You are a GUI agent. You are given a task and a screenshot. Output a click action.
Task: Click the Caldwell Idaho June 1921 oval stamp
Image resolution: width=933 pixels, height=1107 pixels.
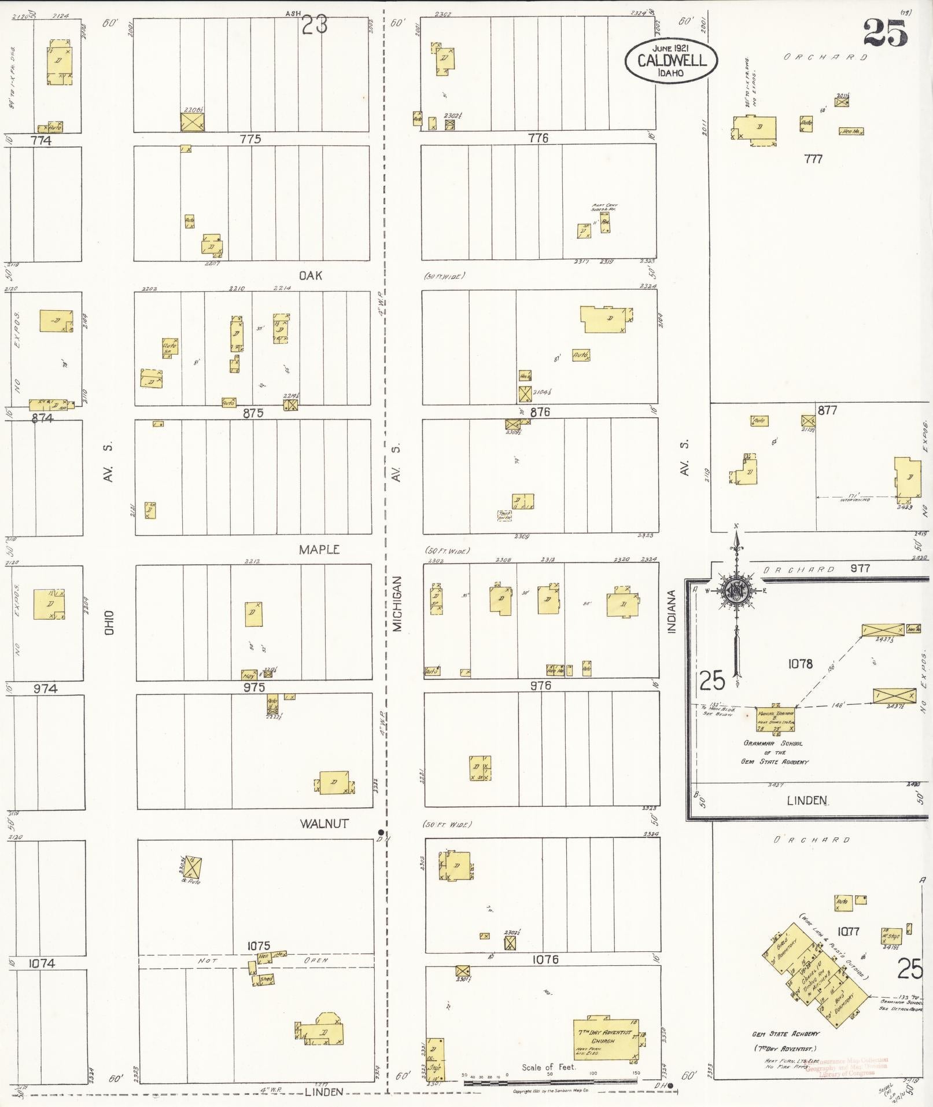point(670,61)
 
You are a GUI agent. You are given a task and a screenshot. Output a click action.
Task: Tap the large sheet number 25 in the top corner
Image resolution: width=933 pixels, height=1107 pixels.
point(886,33)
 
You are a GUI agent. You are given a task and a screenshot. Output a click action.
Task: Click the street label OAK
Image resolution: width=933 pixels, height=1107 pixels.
point(311,276)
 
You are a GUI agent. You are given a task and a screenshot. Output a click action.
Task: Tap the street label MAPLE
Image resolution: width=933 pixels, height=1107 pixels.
point(319,550)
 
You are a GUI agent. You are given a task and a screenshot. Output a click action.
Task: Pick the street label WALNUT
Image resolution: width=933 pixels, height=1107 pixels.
point(324,823)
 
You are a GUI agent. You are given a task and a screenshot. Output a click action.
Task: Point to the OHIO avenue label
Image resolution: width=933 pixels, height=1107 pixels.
point(109,623)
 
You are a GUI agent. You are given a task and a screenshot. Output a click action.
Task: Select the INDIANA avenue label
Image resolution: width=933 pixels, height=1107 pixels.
point(672,611)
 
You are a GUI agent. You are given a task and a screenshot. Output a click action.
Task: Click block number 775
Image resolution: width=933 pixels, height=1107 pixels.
point(250,139)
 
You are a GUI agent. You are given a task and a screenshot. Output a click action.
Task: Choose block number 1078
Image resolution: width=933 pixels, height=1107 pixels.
point(800,664)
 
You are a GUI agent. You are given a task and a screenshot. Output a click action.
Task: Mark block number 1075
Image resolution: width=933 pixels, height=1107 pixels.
point(259,946)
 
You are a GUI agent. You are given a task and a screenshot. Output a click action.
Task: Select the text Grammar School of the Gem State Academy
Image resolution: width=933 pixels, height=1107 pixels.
point(775,752)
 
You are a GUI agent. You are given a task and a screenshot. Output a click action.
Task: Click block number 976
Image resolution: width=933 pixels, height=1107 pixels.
point(541,686)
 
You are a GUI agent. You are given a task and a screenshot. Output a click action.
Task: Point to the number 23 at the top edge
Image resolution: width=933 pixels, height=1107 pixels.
point(315,26)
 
